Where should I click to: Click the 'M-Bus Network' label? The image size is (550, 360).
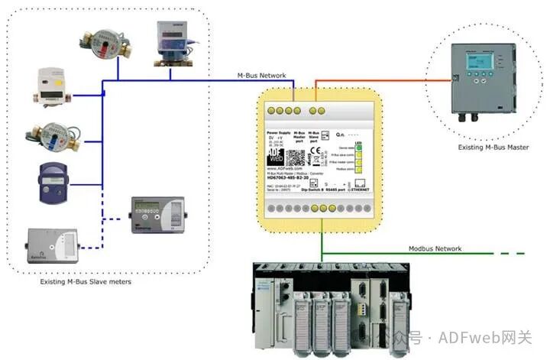[x=261, y=76]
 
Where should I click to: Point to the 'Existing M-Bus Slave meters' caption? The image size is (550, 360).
[x=86, y=282]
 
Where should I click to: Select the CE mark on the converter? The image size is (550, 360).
[x=314, y=151]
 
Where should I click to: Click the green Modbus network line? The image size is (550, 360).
[x=397, y=256]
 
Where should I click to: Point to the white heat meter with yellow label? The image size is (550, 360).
[x=52, y=85]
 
